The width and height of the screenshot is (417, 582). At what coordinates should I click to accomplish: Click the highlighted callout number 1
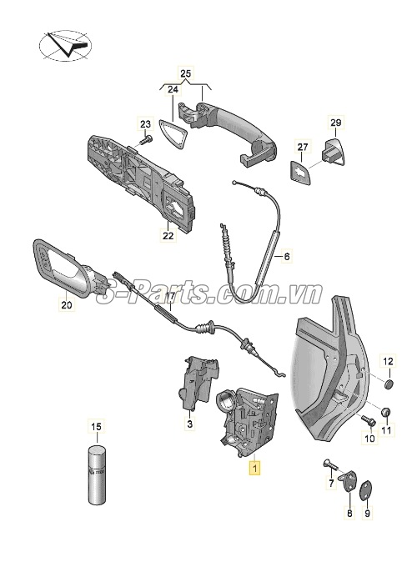[255, 469]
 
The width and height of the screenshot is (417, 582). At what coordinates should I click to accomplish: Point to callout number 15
[96, 428]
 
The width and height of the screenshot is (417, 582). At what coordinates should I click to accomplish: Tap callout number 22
[168, 237]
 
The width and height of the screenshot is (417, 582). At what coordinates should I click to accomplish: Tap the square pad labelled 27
[300, 170]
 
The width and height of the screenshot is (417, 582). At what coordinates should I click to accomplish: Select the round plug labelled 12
[387, 385]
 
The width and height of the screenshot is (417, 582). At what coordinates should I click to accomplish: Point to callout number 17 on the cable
[169, 296]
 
